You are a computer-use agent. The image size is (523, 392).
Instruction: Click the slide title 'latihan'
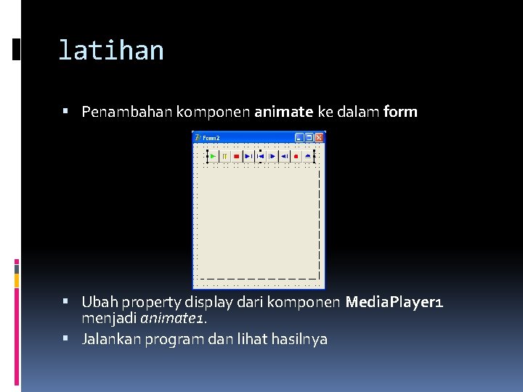110,50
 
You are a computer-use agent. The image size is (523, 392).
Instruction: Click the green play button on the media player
212,155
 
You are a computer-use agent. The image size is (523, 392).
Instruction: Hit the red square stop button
236,155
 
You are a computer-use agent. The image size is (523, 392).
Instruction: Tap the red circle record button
296,155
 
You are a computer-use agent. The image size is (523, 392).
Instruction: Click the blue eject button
308,155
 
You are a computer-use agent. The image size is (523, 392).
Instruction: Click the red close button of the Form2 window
318,137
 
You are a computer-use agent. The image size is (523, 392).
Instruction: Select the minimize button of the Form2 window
299,137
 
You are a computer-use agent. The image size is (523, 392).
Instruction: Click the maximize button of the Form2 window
309,137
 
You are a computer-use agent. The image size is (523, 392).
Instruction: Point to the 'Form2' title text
211,137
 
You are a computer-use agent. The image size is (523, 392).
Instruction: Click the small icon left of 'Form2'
198,137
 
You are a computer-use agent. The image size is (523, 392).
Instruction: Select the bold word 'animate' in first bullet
283,112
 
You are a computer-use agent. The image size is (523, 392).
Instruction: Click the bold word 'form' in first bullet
401,112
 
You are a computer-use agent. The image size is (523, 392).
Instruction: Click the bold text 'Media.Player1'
394,301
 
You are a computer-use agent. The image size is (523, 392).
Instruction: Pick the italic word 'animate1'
171,317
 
